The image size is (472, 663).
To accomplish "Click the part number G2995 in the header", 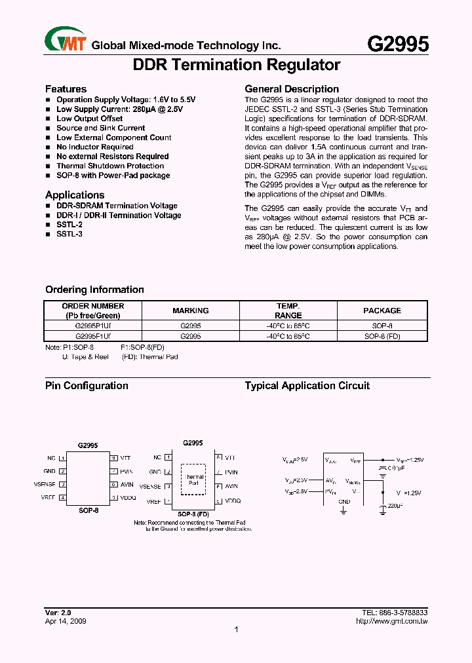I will click(397, 44).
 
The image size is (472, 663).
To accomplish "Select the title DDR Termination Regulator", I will click(236, 65).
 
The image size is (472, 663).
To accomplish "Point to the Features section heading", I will click(66, 89).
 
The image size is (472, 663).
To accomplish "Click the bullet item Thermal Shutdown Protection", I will click(110, 166).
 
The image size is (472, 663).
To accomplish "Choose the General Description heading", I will click(292, 89).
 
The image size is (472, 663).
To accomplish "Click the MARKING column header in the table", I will click(190, 311).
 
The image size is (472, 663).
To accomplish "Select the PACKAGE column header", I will click(382, 311).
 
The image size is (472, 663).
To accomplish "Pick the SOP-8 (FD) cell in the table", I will click(382, 335).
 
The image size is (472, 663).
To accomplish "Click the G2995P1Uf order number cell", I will click(92, 325).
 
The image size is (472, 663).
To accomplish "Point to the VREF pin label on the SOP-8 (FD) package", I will click(154, 501).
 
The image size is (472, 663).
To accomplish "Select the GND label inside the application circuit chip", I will click(344, 501).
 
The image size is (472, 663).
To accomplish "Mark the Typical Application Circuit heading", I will click(307, 386).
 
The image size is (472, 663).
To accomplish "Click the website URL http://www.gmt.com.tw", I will click(392, 621).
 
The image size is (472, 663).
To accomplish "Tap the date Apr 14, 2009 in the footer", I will click(66, 621).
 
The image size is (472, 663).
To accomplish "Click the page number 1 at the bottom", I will click(235, 630).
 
